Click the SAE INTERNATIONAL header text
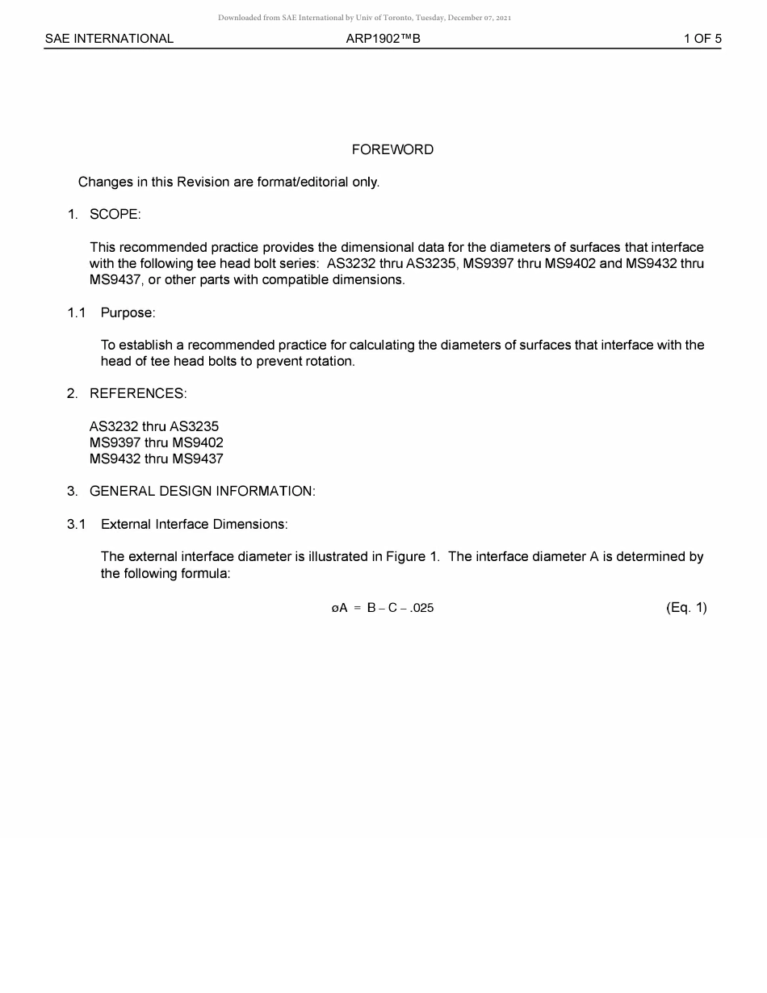coord(109,39)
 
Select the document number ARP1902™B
coord(383,39)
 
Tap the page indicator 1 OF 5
coord(702,39)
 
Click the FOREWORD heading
coord(392,149)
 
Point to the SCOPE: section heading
coord(115,215)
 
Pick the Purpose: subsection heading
coord(128,312)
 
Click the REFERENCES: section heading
coord(138,394)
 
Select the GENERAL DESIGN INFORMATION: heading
coord(202,492)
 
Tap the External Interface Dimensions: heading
coord(194,524)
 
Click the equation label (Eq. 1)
coord(686,608)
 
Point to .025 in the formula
coord(421,608)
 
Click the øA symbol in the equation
coord(339,608)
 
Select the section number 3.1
coord(77,524)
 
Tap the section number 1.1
coord(77,312)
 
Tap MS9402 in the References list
coord(198,442)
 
